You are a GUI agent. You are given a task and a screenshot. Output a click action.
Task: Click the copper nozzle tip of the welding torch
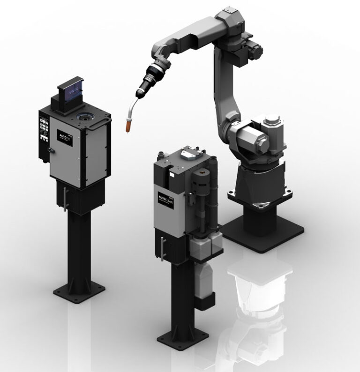[127, 126]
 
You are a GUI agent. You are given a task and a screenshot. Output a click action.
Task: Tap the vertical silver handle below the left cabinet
[65, 197]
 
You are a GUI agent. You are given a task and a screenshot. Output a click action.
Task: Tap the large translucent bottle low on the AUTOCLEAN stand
[202, 282]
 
